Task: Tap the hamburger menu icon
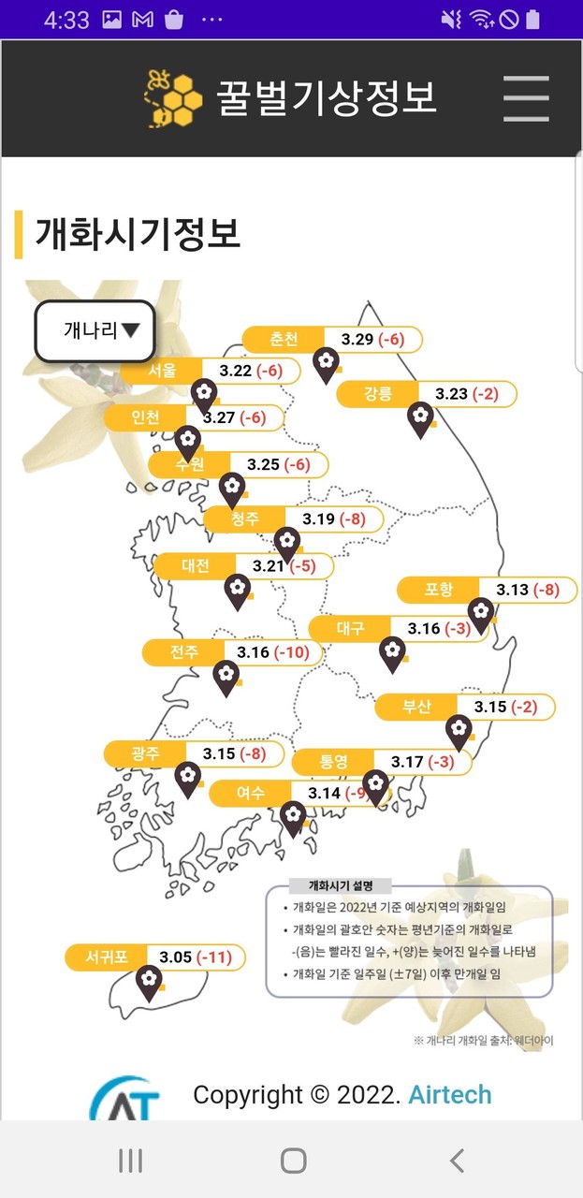pyautogui.click(x=525, y=97)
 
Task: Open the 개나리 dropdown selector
pyautogui.click(x=95, y=330)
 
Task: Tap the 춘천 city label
pyautogui.click(x=284, y=339)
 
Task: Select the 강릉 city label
pyautogui.click(x=378, y=394)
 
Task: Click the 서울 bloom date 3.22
pyautogui.click(x=236, y=371)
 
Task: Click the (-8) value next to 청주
pyautogui.click(x=352, y=519)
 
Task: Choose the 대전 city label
pyautogui.click(x=196, y=565)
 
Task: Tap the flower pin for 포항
pyautogui.click(x=481, y=613)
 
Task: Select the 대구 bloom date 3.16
pyautogui.click(x=424, y=628)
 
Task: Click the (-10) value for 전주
pyautogui.click(x=292, y=652)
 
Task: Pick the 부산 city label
pyautogui.click(x=416, y=707)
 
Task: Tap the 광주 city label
pyautogui.click(x=145, y=753)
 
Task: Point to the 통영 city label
pyautogui.click(x=333, y=762)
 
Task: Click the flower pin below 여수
pyautogui.click(x=294, y=816)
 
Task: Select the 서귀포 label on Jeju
pyautogui.click(x=106, y=957)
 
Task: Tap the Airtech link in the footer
pyautogui.click(x=449, y=1094)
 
